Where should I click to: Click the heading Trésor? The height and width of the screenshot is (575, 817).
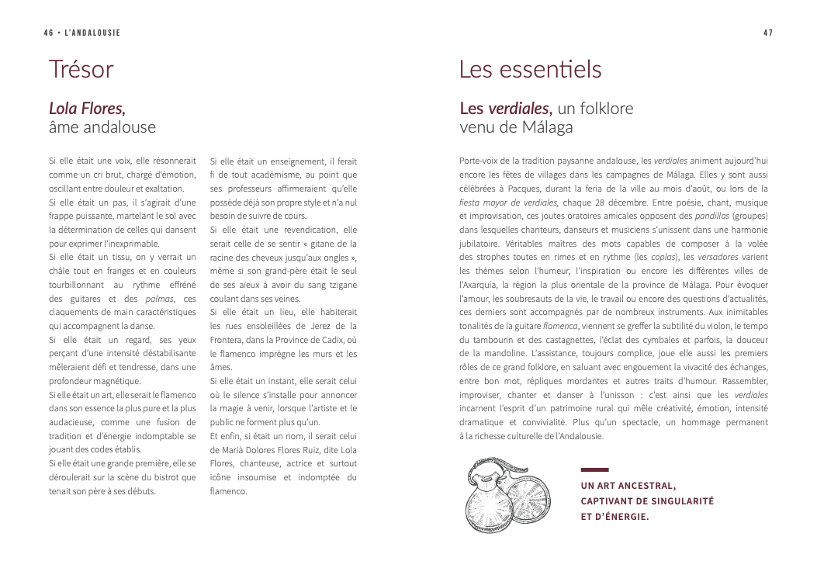click(81, 70)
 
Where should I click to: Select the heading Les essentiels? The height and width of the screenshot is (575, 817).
click(530, 70)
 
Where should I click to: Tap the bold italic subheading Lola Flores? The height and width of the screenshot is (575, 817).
click(87, 108)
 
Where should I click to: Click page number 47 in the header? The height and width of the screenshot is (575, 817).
click(768, 33)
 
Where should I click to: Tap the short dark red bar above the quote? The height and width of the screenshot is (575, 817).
click(594, 469)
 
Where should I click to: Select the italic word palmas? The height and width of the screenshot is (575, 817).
click(159, 299)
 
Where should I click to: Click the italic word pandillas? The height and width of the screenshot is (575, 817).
click(713, 216)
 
